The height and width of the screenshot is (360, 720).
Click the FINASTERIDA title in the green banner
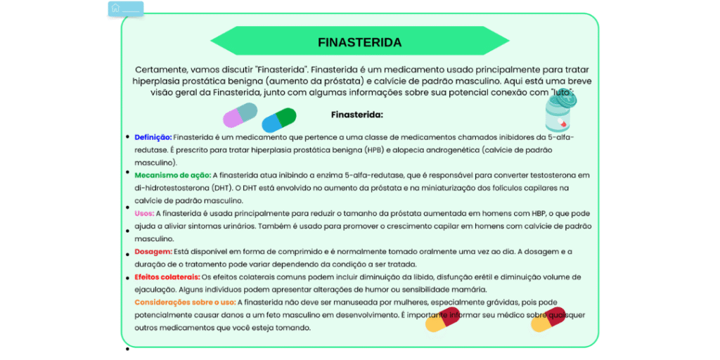click(x=359, y=42)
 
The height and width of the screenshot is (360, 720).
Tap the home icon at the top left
click(x=115, y=8)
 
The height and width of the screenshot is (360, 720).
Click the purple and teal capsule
click(x=240, y=115)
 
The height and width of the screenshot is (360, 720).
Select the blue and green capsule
click(x=278, y=120)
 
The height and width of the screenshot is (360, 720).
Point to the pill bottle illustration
click(x=560, y=112)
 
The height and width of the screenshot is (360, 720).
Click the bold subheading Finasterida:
click(x=356, y=114)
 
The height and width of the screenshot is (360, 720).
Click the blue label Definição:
click(x=153, y=137)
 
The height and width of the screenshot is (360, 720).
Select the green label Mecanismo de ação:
click(x=172, y=175)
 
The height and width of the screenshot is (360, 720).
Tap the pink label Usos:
click(x=144, y=213)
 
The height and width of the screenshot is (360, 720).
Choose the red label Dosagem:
click(x=153, y=251)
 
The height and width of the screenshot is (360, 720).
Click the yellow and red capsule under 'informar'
click(x=442, y=319)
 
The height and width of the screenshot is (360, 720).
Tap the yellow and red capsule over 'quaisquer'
click(x=548, y=319)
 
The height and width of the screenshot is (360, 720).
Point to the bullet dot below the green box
click(x=127, y=349)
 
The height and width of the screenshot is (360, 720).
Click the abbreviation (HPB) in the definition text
click(x=375, y=150)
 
